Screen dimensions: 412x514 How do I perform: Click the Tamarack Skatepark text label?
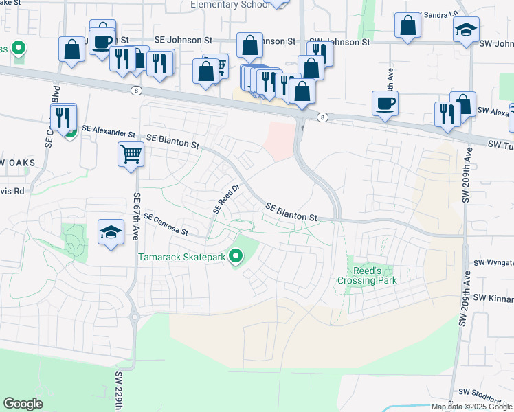click(x=183, y=258)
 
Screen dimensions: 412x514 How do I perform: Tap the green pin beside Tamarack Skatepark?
click(x=236, y=257)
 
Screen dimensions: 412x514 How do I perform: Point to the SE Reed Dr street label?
click(x=225, y=198)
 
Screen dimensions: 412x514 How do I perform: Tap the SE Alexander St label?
click(x=109, y=130)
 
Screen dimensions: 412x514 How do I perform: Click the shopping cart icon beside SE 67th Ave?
click(x=131, y=153)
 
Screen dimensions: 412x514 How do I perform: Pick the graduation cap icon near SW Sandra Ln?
click(x=466, y=30)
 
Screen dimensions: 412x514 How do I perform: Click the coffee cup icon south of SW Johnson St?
click(x=385, y=103)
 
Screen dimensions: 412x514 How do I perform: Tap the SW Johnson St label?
click(x=339, y=43)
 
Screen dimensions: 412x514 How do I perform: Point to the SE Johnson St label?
click(x=180, y=41)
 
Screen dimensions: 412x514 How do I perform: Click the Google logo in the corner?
click(x=23, y=404)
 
